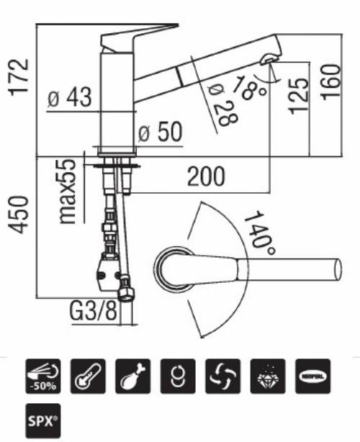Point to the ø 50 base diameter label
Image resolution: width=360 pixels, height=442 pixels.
(159, 132)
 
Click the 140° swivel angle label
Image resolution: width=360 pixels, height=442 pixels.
(258, 231)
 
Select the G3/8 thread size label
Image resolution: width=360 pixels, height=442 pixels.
(94, 313)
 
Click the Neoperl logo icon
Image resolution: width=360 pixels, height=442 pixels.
(311, 375)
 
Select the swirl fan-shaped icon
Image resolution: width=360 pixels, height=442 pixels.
(222, 375)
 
